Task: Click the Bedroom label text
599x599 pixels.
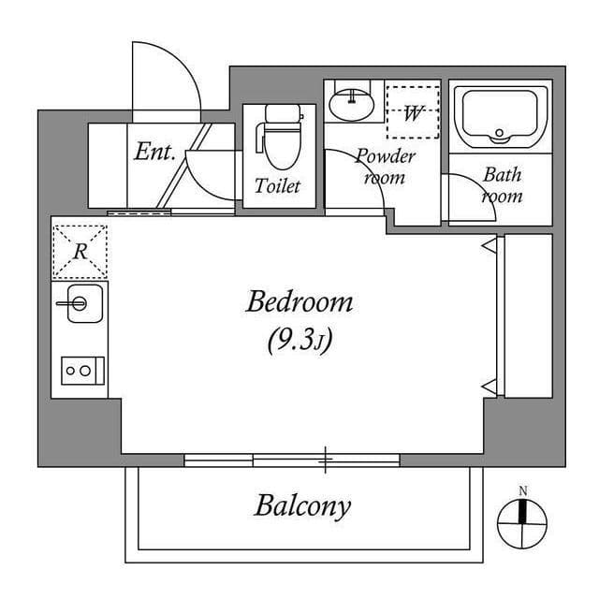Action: pyautogui.click(x=299, y=303)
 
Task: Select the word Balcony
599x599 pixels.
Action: pyautogui.click(x=302, y=506)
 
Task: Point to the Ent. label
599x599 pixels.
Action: pyautogui.click(x=154, y=152)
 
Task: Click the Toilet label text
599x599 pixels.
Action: pyautogui.click(x=278, y=186)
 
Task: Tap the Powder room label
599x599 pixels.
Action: pyautogui.click(x=385, y=167)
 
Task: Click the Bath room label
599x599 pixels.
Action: pyautogui.click(x=503, y=185)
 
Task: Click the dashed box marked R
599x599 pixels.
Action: pyautogui.click(x=80, y=252)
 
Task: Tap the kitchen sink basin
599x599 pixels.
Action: pyautogui.click(x=79, y=303)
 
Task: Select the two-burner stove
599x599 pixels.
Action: pyautogui.click(x=78, y=371)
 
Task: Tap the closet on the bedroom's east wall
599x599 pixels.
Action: pyautogui.click(x=527, y=315)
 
